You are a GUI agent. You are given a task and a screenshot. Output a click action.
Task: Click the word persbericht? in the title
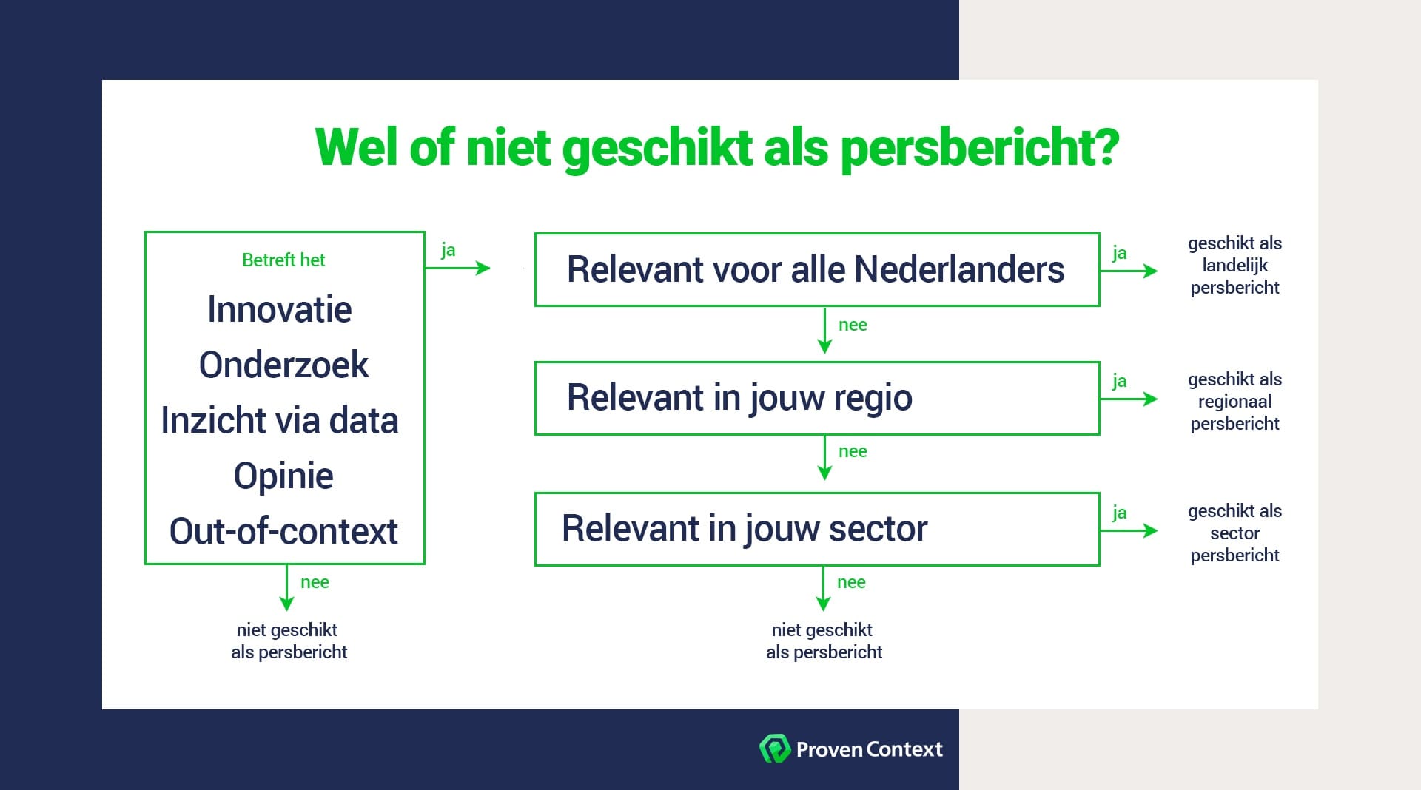click(980, 148)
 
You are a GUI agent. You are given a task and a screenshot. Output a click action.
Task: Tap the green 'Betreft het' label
click(283, 260)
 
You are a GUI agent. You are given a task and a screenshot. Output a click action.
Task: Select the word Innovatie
click(280, 309)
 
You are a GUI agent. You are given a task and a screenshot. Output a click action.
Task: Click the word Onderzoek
click(283, 365)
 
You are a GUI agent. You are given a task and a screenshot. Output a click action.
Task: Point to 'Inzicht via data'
click(280, 420)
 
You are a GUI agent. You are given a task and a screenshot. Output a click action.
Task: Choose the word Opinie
click(283, 476)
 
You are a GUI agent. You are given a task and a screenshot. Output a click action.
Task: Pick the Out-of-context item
click(283, 531)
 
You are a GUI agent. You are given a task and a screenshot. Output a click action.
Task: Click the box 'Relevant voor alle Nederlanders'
click(816, 269)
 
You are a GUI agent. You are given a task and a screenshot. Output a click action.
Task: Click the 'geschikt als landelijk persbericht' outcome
click(1234, 266)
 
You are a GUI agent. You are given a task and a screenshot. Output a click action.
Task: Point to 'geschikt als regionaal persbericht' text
click(1234, 402)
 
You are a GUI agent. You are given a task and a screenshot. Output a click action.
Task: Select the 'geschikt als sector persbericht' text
click(1234, 533)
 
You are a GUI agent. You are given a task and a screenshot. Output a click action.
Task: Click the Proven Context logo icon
click(774, 749)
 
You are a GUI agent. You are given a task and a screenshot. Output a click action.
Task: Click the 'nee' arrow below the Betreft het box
click(287, 588)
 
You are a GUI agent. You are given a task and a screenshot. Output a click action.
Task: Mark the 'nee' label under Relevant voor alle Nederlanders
click(853, 325)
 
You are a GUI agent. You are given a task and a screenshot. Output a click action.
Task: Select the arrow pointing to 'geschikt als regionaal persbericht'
click(1129, 399)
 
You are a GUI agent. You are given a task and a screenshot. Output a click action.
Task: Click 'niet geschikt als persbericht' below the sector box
click(823, 641)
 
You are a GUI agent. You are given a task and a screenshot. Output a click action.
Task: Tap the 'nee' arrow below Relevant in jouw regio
click(824, 458)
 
